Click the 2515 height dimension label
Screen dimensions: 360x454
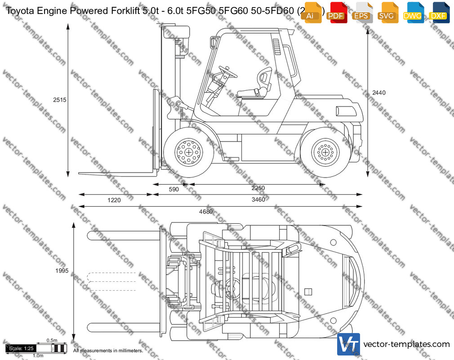coord(60,100)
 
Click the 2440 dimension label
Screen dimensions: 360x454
coord(379,93)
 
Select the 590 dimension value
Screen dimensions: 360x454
coord(174,189)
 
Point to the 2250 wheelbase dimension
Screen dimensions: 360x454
coord(258,188)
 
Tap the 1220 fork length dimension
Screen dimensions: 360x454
coord(114,200)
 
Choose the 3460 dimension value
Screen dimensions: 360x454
coord(258,200)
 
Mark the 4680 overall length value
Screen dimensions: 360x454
coord(206,212)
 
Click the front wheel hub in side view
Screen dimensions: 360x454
coord(188,151)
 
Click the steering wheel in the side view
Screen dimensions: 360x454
coord(228,71)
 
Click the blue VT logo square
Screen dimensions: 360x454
coord(348,345)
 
